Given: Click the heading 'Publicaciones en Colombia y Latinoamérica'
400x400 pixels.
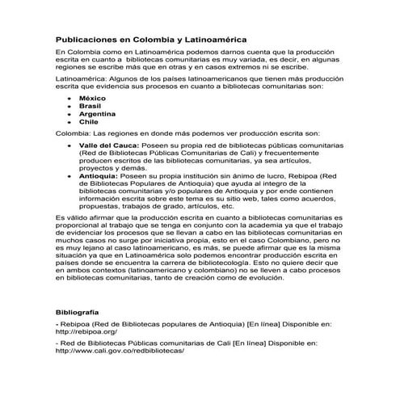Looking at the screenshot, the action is (152, 38).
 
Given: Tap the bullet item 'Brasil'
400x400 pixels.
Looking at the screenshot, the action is (89, 106).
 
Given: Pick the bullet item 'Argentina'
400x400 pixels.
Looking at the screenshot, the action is (96, 114).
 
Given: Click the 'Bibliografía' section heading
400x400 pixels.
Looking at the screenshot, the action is (77, 311).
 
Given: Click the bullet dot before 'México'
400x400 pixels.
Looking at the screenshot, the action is (65, 98).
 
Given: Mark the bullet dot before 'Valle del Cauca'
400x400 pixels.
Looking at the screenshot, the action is (65, 145).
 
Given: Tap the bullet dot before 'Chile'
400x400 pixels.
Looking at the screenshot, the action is (65, 123).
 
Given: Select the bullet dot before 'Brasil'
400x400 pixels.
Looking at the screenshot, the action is (65, 106).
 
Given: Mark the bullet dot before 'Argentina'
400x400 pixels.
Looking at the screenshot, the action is (65, 115).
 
